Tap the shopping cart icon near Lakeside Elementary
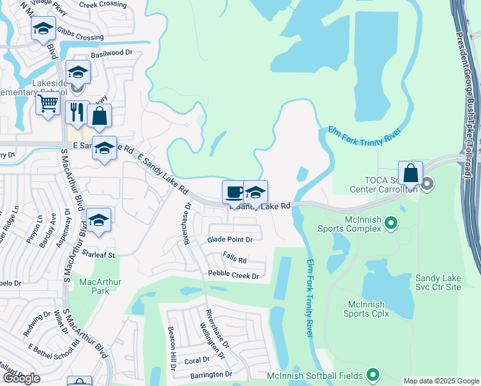(x=48, y=102)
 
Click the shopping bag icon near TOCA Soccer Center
(x=410, y=172)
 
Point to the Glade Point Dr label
(x=230, y=239)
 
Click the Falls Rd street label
(x=235, y=260)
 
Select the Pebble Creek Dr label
(x=233, y=275)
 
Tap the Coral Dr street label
(x=197, y=360)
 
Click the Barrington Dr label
(x=210, y=374)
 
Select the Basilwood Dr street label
(x=111, y=53)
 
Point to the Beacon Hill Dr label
(x=172, y=347)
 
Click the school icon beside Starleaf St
(x=98, y=220)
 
